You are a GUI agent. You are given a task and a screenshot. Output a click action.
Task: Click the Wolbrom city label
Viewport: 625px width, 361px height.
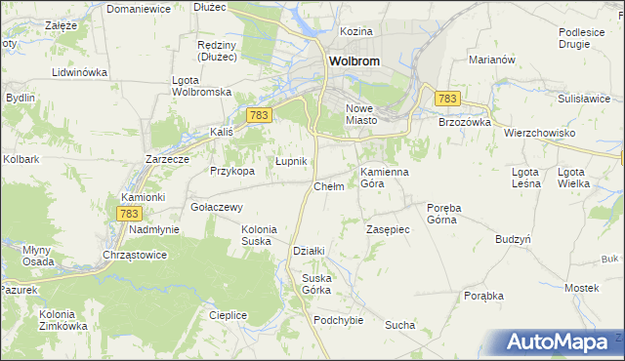[x=353, y=60]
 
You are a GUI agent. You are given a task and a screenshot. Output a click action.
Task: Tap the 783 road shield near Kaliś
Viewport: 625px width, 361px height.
[x=259, y=115]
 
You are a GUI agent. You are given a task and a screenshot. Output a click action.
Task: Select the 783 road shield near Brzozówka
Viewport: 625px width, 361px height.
[x=448, y=99]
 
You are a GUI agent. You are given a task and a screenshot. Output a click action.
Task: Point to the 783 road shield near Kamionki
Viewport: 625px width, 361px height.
[x=129, y=213]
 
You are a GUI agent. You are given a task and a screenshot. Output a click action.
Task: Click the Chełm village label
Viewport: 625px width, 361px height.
[x=328, y=186]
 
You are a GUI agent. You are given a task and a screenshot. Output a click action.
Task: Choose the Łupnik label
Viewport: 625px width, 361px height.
[x=291, y=161]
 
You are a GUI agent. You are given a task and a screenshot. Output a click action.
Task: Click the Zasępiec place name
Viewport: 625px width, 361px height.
[x=387, y=229]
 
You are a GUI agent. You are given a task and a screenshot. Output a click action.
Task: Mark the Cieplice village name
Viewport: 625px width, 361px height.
[x=228, y=315]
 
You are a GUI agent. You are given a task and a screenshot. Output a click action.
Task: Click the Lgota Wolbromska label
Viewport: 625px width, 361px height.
[x=200, y=86]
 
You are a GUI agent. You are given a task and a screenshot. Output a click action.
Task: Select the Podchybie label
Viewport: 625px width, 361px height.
[x=339, y=320]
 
